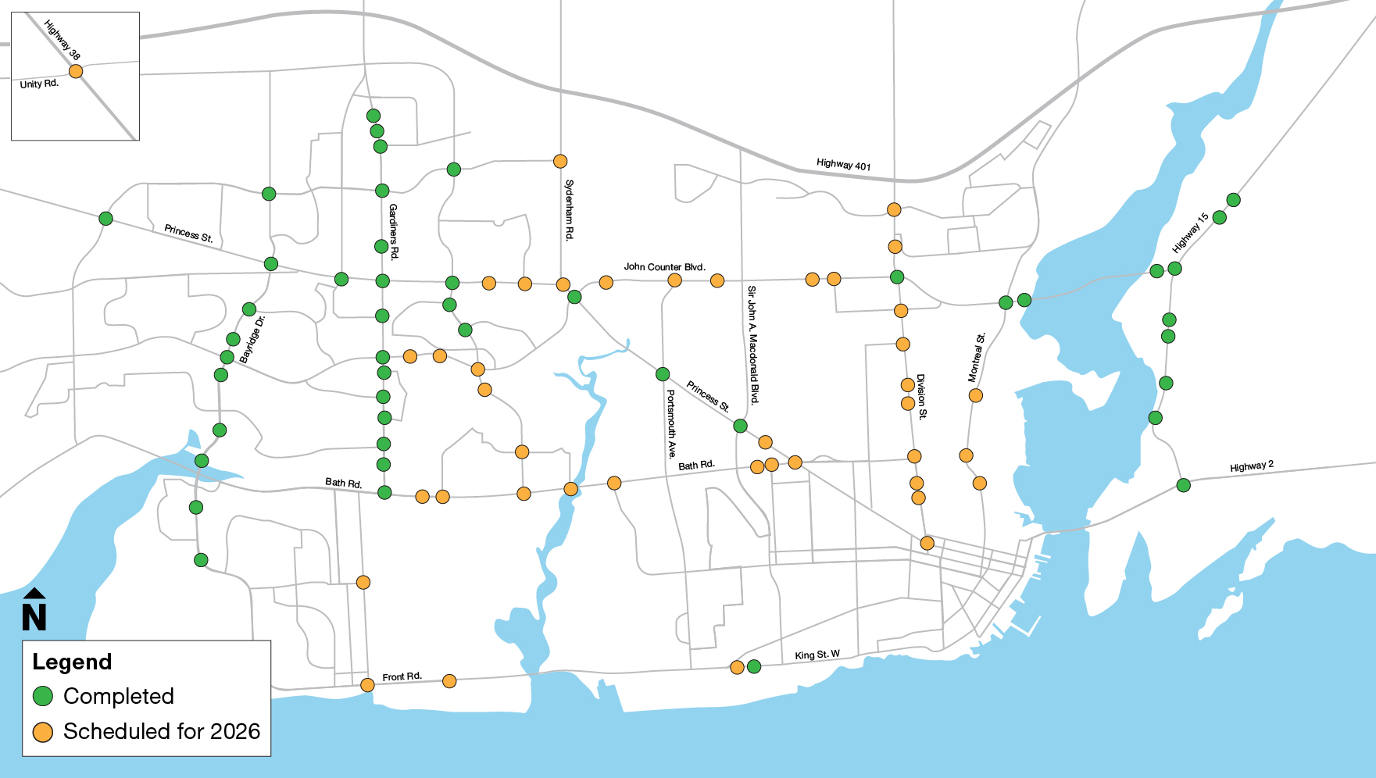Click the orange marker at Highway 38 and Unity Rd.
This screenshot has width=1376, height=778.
click(x=76, y=71)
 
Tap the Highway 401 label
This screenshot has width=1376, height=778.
click(x=843, y=164)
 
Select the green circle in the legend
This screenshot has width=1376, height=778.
click(x=43, y=696)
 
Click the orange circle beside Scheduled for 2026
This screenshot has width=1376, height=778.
click(x=43, y=732)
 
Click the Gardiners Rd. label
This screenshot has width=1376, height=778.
click(x=393, y=231)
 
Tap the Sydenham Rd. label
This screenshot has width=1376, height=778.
click(x=569, y=209)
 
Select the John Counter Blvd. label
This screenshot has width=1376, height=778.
click(x=664, y=267)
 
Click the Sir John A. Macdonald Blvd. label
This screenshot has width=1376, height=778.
click(x=752, y=344)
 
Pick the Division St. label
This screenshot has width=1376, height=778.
click(x=921, y=397)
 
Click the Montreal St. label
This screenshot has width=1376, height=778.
click(x=977, y=358)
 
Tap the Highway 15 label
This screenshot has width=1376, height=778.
click(x=1190, y=233)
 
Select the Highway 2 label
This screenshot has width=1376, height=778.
click(x=1251, y=466)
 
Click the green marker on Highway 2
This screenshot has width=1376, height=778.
click(x=1183, y=485)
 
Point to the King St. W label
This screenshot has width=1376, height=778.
click(x=817, y=655)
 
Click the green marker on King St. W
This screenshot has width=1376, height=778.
click(x=754, y=666)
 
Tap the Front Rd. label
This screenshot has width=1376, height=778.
click(x=402, y=676)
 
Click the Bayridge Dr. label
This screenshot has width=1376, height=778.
click(x=252, y=340)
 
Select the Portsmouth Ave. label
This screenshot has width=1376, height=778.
click(x=670, y=424)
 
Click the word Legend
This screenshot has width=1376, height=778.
click(x=72, y=662)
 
